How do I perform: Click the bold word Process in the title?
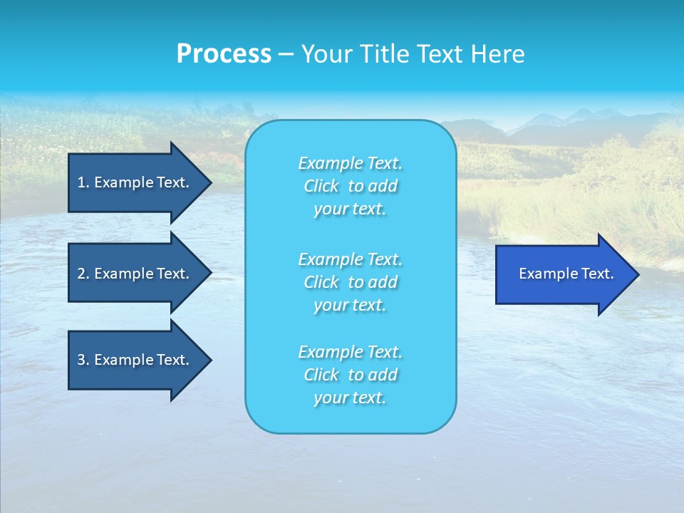(x=224, y=54)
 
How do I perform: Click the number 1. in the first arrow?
(x=83, y=182)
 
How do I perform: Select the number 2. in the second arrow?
(x=83, y=274)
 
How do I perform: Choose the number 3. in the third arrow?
(x=83, y=360)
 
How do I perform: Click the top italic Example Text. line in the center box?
(x=351, y=163)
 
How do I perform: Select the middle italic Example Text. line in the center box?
(x=351, y=259)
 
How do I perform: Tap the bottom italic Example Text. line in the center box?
(x=351, y=352)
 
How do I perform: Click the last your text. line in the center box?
(x=350, y=398)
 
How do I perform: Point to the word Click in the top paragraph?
(x=321, y=186)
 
